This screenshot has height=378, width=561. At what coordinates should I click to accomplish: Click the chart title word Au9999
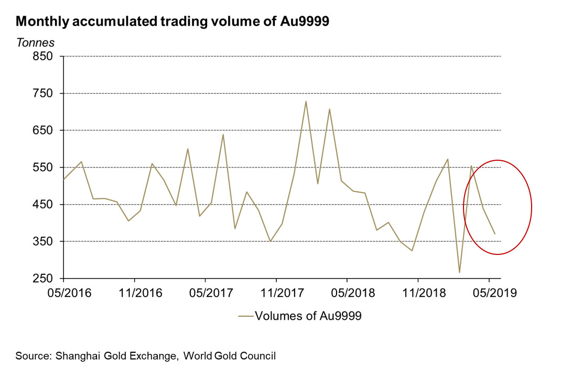[x=307, y=22]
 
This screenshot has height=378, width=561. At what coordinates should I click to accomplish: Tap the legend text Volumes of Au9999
[x=308, y=316]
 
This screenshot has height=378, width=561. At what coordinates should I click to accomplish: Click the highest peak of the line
[x=306, y=101]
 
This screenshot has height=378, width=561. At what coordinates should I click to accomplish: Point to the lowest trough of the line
[x=459, y=272]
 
